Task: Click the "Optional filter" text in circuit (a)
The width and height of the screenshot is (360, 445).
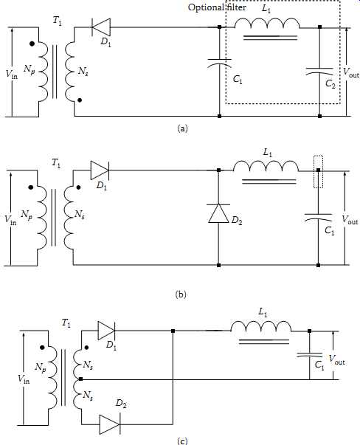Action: coord(217,7)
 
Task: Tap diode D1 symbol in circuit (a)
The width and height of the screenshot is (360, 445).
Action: coord(101,27)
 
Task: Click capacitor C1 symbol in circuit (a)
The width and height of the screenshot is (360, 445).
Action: coord(219,63)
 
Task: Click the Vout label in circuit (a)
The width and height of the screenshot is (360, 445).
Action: coord(351,72)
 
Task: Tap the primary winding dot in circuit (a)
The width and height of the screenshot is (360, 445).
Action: coord(32,44)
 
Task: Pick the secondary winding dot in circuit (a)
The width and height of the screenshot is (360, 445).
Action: coord(80,100)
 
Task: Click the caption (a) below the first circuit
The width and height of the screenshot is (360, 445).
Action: coord(182,128)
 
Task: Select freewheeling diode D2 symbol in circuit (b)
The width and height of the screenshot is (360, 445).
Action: coord(218,213)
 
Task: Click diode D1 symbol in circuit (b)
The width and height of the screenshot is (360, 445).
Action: coord(100,170)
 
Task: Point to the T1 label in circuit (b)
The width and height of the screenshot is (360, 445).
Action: coord(56,163)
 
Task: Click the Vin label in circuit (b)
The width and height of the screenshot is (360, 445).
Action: coord(10,220)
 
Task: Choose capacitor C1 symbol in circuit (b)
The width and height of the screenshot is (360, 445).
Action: coord(318,217)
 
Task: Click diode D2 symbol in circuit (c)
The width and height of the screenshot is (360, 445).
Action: coord(110,424)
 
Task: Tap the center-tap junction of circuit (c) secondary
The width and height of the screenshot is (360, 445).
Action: coord(81,379)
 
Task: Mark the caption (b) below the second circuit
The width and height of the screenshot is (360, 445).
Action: coord(181,294)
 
